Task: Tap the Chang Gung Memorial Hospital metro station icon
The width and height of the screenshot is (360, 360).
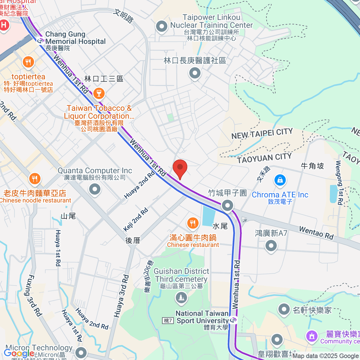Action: (x=40, y=40)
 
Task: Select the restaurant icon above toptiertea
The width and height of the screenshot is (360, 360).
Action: (x=28, y=62)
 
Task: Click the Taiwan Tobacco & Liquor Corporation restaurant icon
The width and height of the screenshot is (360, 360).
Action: (x=99, y=93)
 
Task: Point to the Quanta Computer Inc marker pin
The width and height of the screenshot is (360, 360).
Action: (x=95, y=189)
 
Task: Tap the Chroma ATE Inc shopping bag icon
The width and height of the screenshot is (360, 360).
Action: (x=280, y=180)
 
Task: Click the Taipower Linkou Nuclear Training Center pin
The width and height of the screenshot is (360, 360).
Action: (x=162, y=26)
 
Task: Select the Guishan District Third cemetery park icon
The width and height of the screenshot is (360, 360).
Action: (x=181, y=298)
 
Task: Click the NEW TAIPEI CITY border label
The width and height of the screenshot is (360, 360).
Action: (x=262, y=134)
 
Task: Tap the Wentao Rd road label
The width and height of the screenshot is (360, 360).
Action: (x=316, y=233)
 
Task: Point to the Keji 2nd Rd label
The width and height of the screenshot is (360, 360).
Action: (x=136, y=220)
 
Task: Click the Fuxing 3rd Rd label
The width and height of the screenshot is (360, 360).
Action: (x=33, y=295)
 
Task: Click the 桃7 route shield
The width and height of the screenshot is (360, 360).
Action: (x=168, y=321)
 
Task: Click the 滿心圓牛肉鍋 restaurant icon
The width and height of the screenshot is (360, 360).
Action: (x=193, y=223)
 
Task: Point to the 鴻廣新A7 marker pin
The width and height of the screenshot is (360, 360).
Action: (x=271, y=246)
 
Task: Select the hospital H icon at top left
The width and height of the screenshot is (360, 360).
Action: (x=4, y=25)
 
